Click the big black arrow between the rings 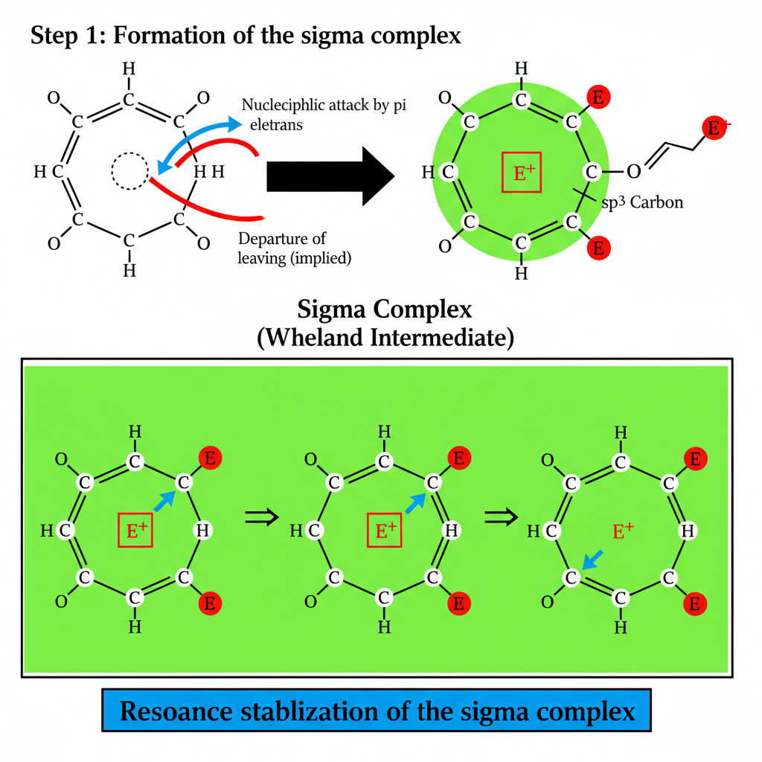(x=327, y=174)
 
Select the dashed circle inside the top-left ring (x=130, y=172)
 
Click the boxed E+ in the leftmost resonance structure (x=135, y=531)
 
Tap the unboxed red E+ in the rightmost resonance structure (x=623, y=531)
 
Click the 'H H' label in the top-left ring (x=208, y=173)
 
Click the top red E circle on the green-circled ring (x=598, y=97)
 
